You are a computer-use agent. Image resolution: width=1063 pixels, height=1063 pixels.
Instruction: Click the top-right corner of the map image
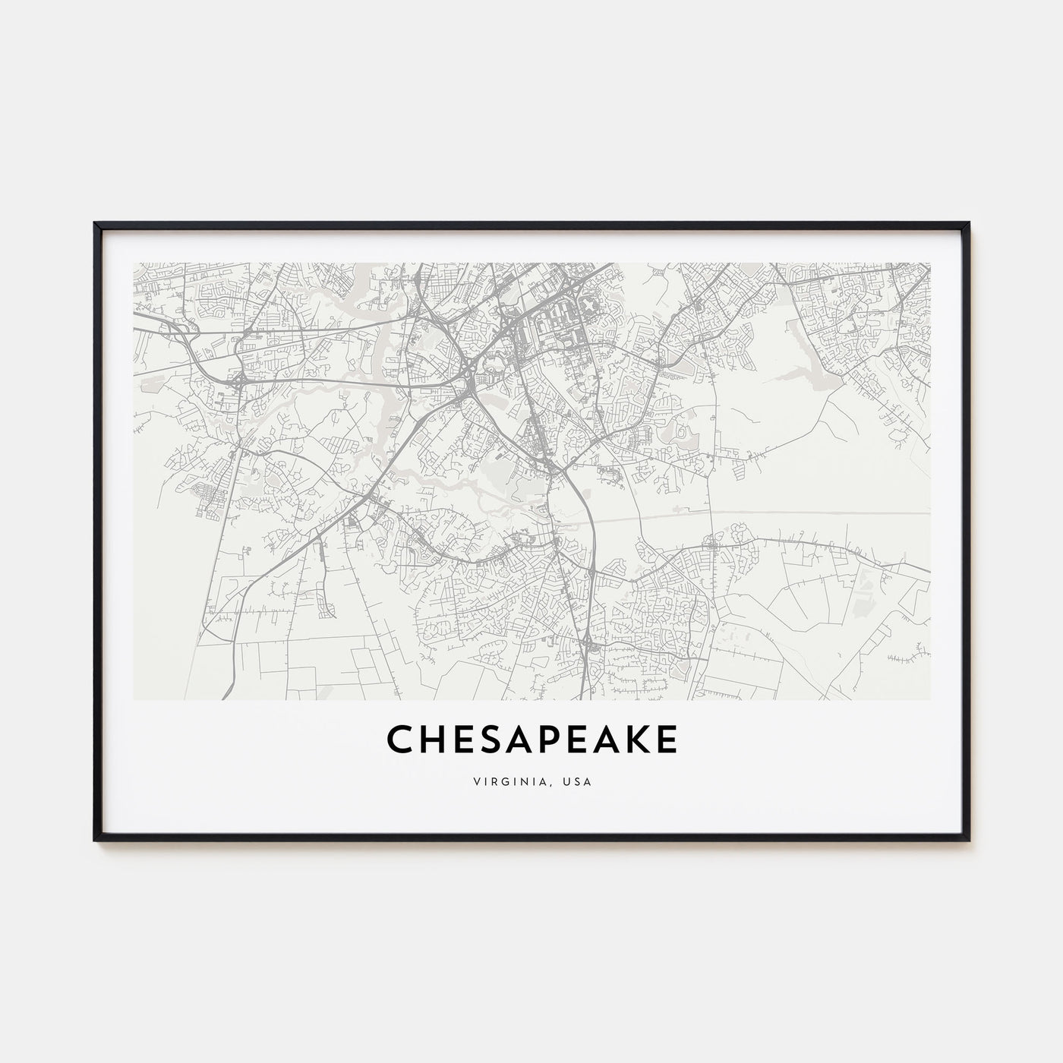click(x=930, y=263)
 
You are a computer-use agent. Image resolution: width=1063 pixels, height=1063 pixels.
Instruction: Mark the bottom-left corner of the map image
click(x=134, y=699)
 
